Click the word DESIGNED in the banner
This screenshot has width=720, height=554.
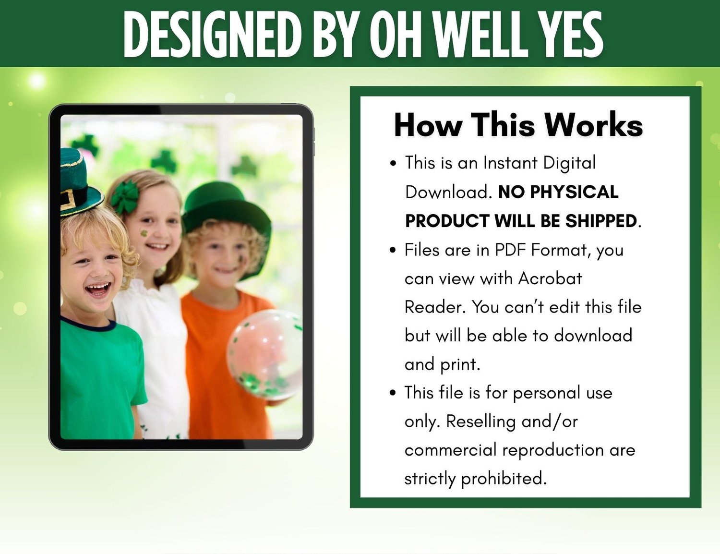(x=212, y=34)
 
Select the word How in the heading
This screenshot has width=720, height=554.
(x=428, y=125)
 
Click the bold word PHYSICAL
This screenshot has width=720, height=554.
(x=574, y=192)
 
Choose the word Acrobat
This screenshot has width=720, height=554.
(x=550, y=278)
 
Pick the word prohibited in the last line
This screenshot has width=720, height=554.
(x=504, y=479)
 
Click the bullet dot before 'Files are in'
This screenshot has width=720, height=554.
(x=393, y=250)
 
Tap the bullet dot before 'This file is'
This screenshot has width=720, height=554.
(x=393, y=393)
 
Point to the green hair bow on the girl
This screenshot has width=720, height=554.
(x=125, y=197)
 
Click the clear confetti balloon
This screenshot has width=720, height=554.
(x=264, y=354)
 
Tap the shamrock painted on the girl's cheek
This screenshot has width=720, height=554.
(x=144, y=233)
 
